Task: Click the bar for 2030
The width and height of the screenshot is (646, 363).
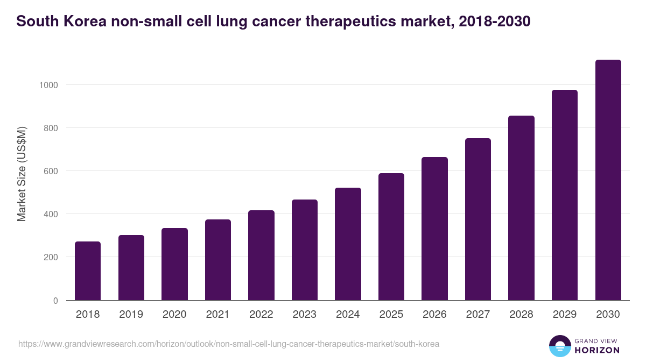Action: (x=608, y=180)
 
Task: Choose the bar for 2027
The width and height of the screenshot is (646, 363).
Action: (x=478, y=219)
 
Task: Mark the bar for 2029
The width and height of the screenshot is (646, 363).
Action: (x=565, y=195)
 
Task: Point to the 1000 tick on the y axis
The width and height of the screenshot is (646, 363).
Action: (x=48, y=85)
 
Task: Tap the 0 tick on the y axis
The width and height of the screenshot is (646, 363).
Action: (x=55, y=301)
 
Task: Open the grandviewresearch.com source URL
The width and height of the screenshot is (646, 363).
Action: (x=229, y=344)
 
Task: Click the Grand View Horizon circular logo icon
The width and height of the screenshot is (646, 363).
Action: (x=560, y=346)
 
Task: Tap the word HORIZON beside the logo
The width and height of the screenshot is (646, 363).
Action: (x=597, y=350)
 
